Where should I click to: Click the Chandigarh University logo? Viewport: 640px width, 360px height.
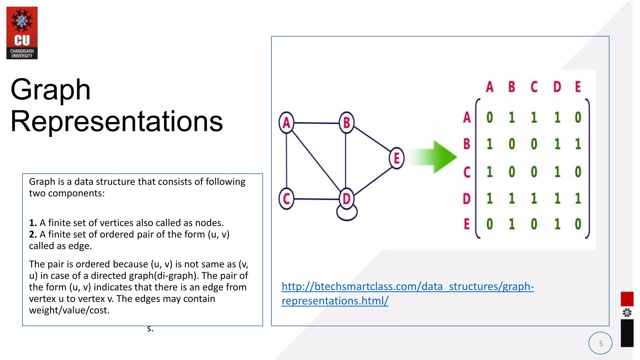point(22,33)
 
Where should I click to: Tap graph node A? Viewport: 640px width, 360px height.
point(286,123)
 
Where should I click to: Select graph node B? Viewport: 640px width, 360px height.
point(346,122)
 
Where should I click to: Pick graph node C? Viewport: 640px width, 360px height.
point(286,199)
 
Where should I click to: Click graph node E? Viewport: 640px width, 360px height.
point(397,158)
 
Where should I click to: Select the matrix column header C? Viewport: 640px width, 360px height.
point(534,87)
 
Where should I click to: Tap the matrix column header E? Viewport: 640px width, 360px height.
point(578,87)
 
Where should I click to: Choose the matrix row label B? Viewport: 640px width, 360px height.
point(467,144)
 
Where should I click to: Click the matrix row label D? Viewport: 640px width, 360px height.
point(467,199)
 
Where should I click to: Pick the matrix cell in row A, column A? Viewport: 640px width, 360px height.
point(489,117)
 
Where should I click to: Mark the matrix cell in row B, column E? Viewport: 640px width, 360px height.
point(578,144)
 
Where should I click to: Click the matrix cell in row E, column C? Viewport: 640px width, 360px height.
point(534,224)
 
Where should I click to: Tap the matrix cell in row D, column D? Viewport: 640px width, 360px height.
point(557,199)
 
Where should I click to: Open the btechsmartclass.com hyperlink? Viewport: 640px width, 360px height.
point(408,287)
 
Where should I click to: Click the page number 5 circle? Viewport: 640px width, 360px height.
point(600,343)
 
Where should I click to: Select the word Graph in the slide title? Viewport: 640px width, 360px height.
point(51,90)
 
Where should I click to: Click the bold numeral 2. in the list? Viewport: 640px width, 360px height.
point(33,234)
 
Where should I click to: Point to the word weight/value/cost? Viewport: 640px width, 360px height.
point(69,310)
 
